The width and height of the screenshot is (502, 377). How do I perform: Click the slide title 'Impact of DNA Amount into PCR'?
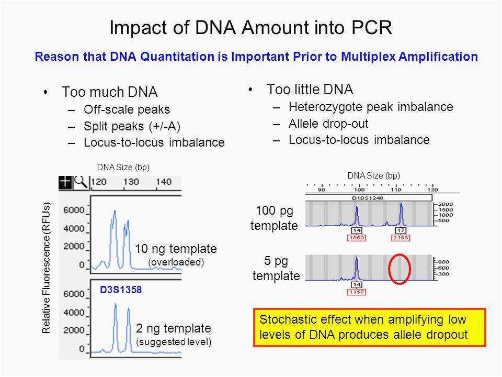[250, 28]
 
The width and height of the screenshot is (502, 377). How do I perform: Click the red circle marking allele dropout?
[389, 269]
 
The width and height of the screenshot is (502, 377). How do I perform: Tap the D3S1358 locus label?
[121, 290]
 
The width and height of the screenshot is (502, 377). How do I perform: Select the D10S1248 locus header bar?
[369, 198]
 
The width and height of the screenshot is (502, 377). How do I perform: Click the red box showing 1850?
[357, 238]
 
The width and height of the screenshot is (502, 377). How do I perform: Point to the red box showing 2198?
[401, 238]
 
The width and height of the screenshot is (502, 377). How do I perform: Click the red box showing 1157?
[357, 292]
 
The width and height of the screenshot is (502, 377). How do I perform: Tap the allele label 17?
[401, 230]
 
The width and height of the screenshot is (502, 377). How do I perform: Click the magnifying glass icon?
[81, 182]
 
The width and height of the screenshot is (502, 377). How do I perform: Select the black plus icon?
[66, 182]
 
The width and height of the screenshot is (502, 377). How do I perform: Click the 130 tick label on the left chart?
[131, 182]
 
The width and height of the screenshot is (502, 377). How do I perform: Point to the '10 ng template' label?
[176, 249]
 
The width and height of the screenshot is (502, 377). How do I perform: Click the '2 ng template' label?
[174, 328]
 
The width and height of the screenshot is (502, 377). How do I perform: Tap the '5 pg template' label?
[276, 268]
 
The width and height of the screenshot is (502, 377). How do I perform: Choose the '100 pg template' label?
[274, 218]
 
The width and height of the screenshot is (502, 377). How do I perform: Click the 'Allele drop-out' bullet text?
[328, 124]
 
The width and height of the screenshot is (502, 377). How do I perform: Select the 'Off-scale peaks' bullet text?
[127, 109]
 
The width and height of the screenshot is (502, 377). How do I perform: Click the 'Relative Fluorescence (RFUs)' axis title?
[47, 268]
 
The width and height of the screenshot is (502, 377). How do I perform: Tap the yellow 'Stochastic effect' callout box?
[370, 327]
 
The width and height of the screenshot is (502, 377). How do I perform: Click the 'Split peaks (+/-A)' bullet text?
[132, 126]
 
